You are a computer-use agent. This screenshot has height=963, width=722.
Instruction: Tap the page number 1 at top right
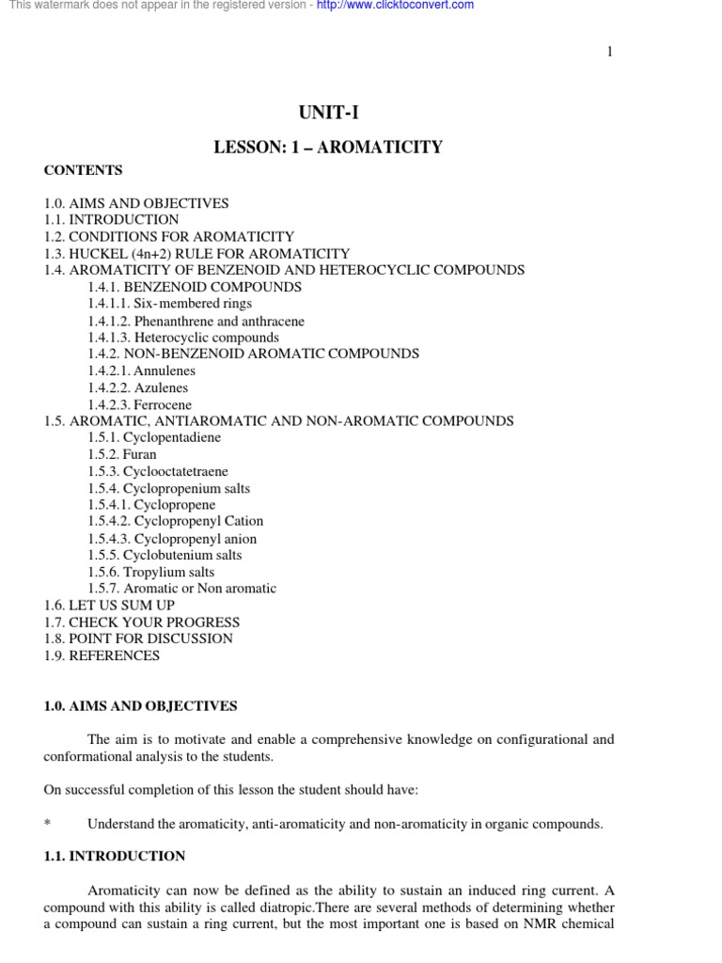(609, 52)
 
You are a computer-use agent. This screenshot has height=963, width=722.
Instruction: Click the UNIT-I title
(328, 113)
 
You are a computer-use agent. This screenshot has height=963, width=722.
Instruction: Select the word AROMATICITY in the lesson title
(385, 147)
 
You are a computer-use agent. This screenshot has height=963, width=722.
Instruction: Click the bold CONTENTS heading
(83, 170)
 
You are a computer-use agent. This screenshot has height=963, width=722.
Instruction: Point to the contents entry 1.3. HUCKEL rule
(196, 253)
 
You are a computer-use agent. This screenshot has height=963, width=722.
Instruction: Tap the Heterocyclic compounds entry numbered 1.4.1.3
(183, 338)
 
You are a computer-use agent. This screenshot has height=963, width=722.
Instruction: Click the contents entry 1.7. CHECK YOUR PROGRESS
(141, 622)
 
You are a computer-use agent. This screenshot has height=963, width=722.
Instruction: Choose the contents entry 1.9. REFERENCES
(102, 655)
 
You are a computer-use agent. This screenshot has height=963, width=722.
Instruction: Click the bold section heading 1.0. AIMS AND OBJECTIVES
(140, 705)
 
